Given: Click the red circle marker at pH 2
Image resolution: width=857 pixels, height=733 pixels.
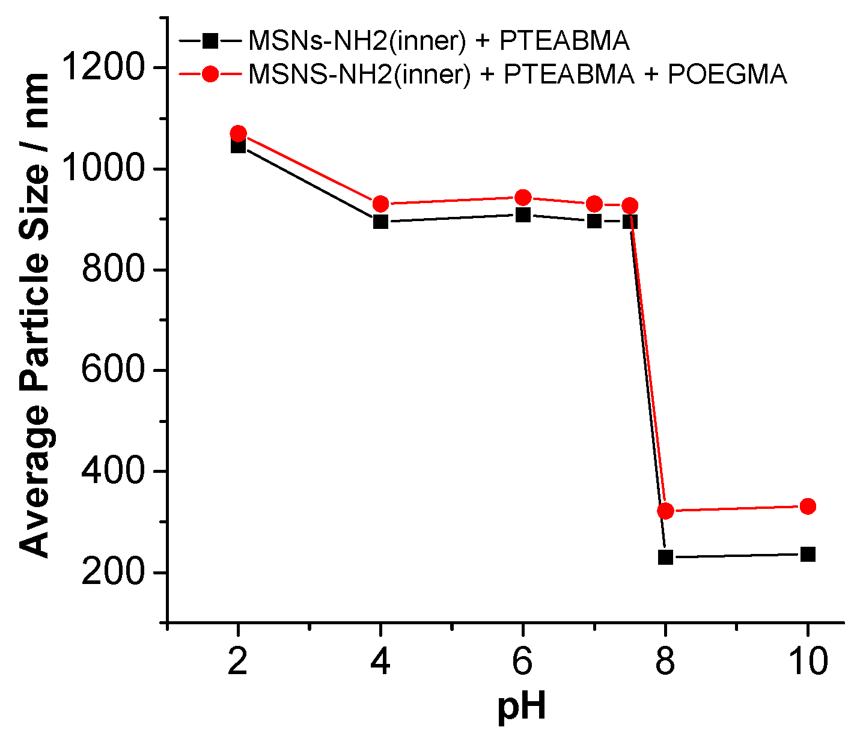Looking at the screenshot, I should click(238, 133).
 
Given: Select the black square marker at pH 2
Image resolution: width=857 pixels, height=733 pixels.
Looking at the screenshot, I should click(238, 146).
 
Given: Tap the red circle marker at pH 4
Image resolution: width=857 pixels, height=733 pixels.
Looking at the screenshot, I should click(380, 204).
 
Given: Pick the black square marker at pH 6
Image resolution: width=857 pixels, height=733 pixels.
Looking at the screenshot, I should click(523, 214).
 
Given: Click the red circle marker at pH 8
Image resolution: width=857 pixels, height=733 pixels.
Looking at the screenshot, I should click(665, 511).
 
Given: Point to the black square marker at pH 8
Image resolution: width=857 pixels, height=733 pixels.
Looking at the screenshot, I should click(665, 557).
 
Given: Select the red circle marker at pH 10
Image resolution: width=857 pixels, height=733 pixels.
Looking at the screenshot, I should click(808, 506).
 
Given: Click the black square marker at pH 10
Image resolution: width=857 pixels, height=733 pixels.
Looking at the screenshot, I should click(808, 554).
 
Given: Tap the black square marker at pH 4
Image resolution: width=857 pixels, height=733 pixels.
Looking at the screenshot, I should click(380, 222).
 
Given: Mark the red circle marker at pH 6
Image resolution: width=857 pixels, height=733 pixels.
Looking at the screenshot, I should click(523, 197).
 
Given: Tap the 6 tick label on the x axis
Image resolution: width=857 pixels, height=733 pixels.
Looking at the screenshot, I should click(523, 662).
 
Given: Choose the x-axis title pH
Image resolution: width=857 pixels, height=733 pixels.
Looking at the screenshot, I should click(522, 707).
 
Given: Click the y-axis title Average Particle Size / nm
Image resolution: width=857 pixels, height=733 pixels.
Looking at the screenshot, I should click(34, 315).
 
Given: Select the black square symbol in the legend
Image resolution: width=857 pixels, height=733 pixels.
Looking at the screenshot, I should click(210, 41).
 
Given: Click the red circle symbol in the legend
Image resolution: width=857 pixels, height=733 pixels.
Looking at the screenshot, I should click(210, 74).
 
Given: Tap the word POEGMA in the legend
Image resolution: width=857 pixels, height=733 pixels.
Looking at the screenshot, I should click(727, 74).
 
